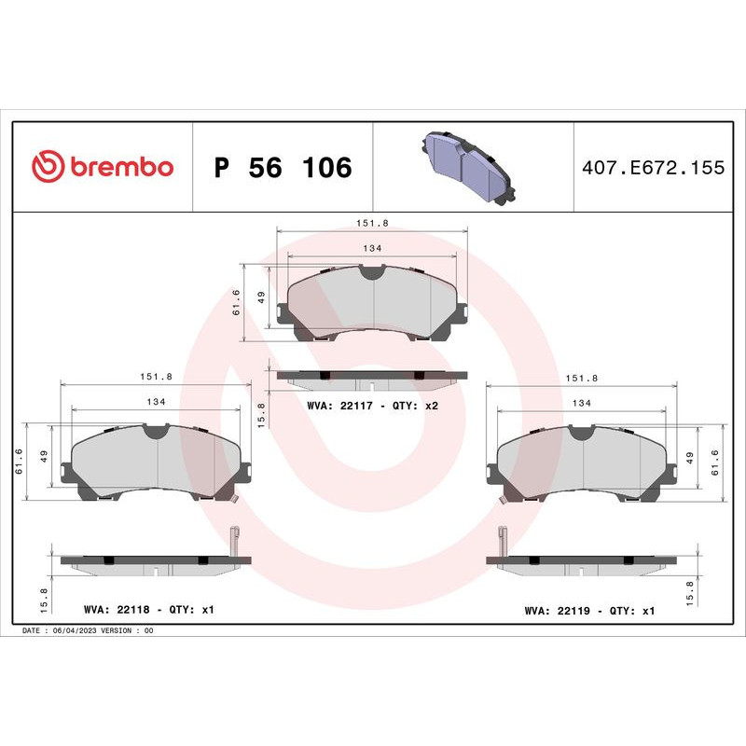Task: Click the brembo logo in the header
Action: point(103,167)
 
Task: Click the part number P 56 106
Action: point(283,168)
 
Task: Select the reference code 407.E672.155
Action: point(652,168)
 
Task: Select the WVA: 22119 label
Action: point(558,611)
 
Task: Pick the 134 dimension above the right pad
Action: point(582,401)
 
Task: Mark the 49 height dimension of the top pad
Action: point(262,297)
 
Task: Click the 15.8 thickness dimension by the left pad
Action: point(45,588)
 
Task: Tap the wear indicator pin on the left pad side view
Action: point(235,541)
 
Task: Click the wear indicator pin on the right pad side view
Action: point(503,541)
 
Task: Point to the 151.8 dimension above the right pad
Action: point(582,378)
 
